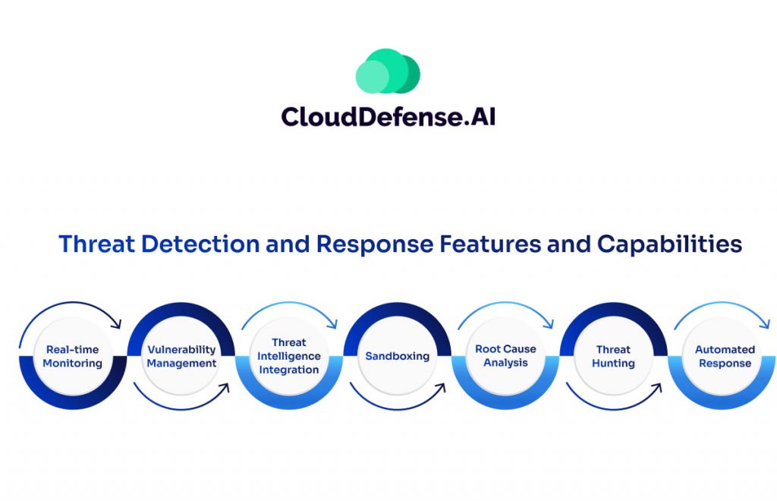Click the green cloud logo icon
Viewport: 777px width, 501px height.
(x=388, y=71)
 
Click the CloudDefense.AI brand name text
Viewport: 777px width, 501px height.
(x=388, y=116)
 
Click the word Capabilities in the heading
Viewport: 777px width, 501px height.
(x=669, y=245)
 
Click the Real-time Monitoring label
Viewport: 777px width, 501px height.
(x=72, y=356)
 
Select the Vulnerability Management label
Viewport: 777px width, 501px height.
(x=181, y=356)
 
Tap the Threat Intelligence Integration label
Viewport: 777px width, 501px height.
(x=288, y=356)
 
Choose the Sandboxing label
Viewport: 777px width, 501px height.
(x=397, y=356)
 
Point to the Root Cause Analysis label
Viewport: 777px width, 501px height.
(x=505, y=356)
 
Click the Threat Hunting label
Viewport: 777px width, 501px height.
(x=613, y=356)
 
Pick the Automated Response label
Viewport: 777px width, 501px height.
(x=725, y=356)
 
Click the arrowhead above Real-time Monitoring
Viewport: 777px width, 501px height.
(x=117, y=325)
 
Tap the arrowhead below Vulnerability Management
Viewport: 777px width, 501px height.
(x=225, y=388)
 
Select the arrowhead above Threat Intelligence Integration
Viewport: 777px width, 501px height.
(x=333, y=325)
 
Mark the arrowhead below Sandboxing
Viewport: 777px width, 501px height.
(x=442, y=388)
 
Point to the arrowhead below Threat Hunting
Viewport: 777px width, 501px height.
(x=657, y=388)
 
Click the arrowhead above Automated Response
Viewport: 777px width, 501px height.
(x=766, y=325)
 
